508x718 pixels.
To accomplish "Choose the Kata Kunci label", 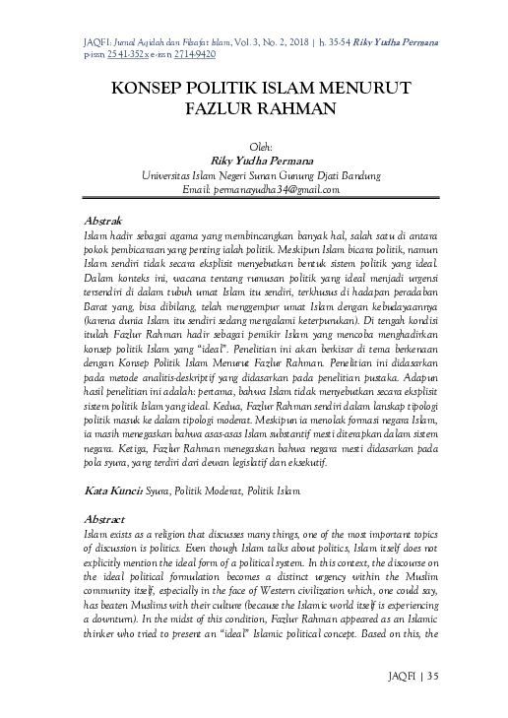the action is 109,490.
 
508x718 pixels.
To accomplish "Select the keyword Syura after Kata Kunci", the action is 162,490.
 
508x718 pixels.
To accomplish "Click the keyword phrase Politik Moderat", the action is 222,490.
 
